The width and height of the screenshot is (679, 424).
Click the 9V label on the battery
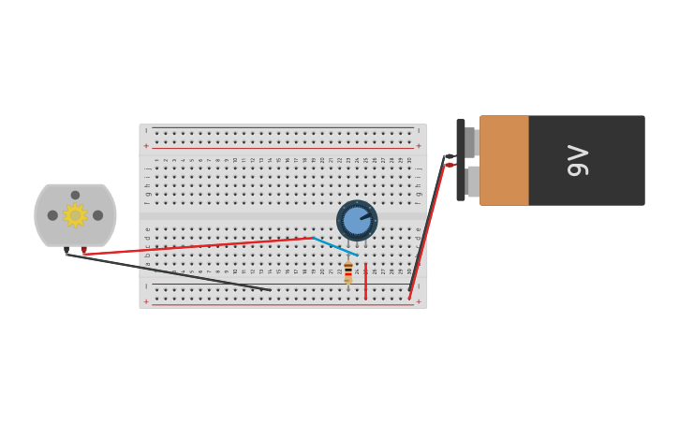[578, 160]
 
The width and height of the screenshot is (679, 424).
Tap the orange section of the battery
[504, 160]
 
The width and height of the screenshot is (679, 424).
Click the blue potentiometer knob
[357, 221]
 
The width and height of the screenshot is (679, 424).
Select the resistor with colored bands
[348, 272]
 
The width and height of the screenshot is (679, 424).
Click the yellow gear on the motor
[75, 215]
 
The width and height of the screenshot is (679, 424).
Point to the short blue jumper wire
[334, 246]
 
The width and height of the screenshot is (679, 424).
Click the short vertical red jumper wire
[365, 282]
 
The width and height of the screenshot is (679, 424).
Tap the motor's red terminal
[83, 250]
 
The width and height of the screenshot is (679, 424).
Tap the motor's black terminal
[66, 250]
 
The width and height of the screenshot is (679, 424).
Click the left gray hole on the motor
[52, 215]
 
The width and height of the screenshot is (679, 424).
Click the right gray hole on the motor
[97, 215]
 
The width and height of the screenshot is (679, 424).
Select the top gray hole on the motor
[75, 196]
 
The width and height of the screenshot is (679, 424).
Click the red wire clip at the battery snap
[450, 166]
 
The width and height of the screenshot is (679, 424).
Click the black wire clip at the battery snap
[450, 156]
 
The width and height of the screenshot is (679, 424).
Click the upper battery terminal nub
[471, 142]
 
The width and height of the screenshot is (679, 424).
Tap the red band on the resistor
[348, 269]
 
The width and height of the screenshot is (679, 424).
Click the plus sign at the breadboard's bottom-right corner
[418, 302]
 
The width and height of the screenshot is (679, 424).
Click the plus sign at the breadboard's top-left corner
[146, 146]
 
